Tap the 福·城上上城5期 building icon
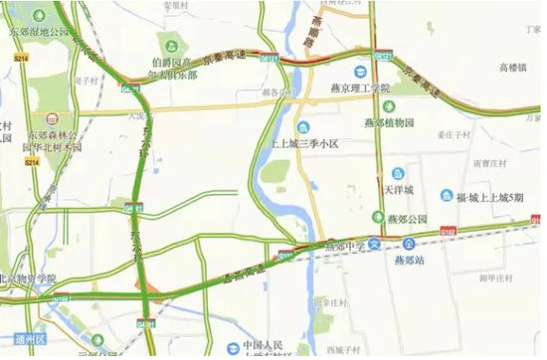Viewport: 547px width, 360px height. tap(448, 197)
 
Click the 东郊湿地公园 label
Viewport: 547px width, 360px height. tap(38, 32)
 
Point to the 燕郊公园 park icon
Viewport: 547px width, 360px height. tap(378, 217)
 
